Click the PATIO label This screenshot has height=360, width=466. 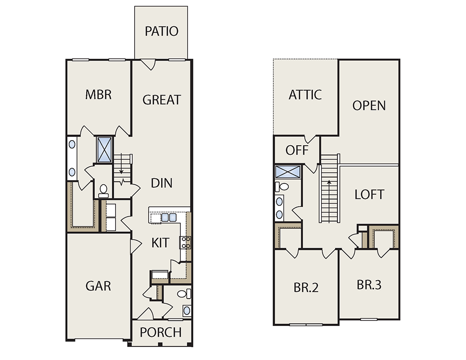(x=161, y=31)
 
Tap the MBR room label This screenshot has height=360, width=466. (x=98, y=95)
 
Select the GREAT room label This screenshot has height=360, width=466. (x=162, y=100)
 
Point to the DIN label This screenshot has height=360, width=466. (x=162, y=183)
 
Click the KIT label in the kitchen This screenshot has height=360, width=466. (x=160, y=243)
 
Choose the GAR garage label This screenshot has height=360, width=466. (x=98, y=286)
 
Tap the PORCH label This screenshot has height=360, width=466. (x=161, y=333)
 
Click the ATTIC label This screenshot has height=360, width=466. (x=305, y=95)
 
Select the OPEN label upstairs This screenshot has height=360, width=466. (x=369, y=106)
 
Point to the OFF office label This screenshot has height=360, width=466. (x=297, y=150)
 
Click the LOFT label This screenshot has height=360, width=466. (x=370, y=195)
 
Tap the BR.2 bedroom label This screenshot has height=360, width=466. (x=306, y=287)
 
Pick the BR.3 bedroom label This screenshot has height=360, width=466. (x=369, y=285)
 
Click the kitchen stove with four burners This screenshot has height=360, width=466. (x=185, y=242)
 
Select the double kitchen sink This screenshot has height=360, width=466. (x=169, y=217)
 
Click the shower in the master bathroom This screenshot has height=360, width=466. (x=104, y=149)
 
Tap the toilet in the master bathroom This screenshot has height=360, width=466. (x=103, y=191)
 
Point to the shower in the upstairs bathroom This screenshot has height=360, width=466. (x=288, y=172)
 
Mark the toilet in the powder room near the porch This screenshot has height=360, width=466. (x=184, y=294)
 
